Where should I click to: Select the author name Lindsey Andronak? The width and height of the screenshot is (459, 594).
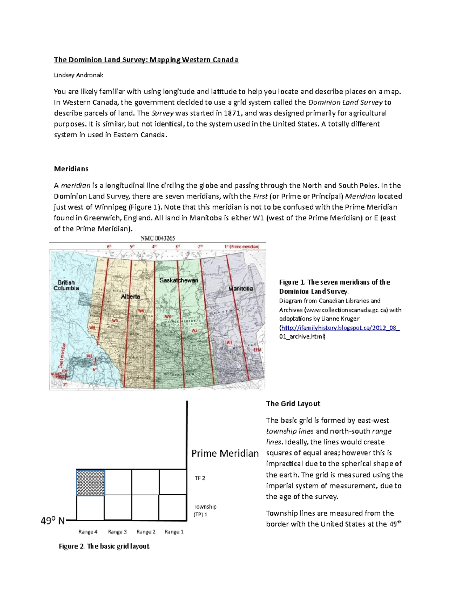[78, 75]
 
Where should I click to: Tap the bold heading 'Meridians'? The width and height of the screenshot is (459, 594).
[71, 169]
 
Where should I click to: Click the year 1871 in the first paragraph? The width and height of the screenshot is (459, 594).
[233, 113]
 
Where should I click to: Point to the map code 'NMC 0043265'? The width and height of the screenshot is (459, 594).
[158, 238]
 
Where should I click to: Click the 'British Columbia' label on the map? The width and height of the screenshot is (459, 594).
[66, 285]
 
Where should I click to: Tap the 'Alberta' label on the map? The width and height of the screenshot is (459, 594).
[130, 296]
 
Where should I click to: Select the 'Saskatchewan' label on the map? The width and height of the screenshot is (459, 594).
[179, 280]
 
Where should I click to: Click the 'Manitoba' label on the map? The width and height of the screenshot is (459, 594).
[241, 288]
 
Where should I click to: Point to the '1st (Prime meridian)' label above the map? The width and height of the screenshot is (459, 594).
[242, 247]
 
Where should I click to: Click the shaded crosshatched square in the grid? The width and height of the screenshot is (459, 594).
[91, 483]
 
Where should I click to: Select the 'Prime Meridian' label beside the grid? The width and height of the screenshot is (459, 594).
[225, 454]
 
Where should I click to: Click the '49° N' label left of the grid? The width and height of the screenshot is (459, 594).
[53, 521]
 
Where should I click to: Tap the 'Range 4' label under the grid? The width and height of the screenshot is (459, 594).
[88, 532]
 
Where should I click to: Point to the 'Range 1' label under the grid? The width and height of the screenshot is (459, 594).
[174, 532]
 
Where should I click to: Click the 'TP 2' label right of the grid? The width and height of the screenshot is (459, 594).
[200, 478]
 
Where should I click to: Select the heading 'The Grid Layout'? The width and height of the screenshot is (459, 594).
[293, 404]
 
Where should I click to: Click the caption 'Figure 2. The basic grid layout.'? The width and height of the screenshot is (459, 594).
[104, 546]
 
